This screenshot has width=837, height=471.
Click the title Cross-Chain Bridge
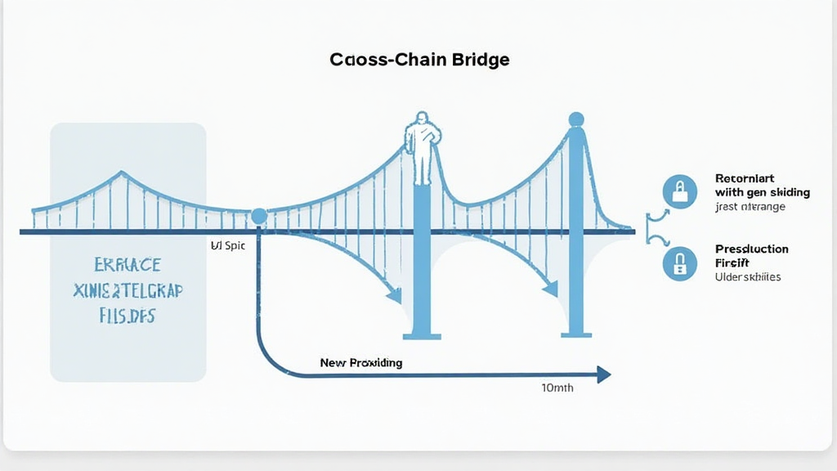[420, 60]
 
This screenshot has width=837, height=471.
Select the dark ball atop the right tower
[576, 119]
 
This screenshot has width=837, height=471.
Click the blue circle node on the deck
[259, 216]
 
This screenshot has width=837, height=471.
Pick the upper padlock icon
[679, 192]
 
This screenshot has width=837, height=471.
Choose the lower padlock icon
[679, 263]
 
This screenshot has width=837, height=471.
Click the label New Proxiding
[360, 362]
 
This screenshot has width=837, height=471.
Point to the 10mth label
[557, 388]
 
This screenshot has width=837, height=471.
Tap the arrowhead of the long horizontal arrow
[604, 375]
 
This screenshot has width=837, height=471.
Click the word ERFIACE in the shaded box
[128, 266]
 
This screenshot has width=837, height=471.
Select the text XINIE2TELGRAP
[128, 290]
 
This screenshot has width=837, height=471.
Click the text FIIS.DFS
[128, 316]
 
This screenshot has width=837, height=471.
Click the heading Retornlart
[744, 177]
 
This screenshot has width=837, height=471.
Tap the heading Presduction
[751, 249]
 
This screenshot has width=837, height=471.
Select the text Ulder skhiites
[747, 277]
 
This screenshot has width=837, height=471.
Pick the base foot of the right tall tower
[576, 334]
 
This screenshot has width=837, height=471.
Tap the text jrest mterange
[750, 207]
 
